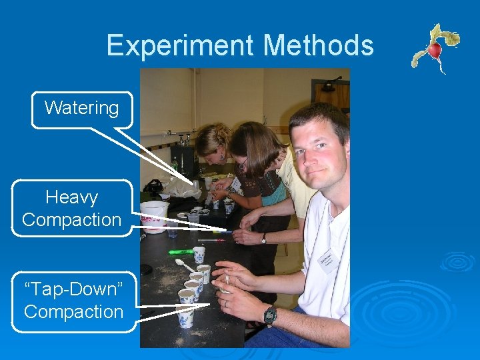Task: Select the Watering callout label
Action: click(81, 108)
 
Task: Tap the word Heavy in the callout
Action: click(71, 197)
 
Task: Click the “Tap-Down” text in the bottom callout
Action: click(73, 291)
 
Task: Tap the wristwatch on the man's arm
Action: click(270, 315)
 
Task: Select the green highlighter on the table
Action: click(181, 252)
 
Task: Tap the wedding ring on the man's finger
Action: click(225, 303)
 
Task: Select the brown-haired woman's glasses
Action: click(243, 162)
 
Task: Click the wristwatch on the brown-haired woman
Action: click(263, 238)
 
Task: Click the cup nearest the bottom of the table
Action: click(186, 318)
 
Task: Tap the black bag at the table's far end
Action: click(153, 186)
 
